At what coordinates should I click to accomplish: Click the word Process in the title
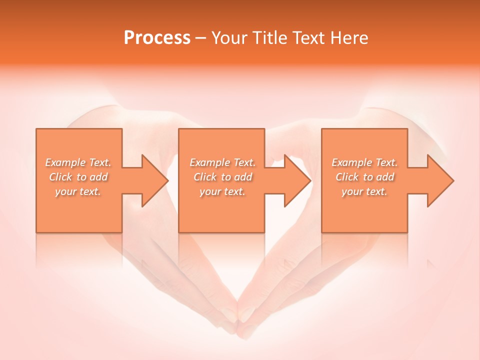(x=157, y=37)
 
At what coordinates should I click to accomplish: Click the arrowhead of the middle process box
(x=297, y=180)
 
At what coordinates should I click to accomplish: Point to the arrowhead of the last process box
(x=440, y=180)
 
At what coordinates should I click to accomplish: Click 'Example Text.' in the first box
(x=78, y=162)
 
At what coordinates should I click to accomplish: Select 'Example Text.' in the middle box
(x=222, y=162)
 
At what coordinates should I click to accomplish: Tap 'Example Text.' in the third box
(x=364, y=162)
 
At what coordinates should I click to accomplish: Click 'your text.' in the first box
(x=78, y=191)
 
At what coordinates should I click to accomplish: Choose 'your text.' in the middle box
(x=222, y=191)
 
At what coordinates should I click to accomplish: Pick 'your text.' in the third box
(x=364, y=191)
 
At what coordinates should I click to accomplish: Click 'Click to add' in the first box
(x=78, y=177)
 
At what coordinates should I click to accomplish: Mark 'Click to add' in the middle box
(x=222, y=177)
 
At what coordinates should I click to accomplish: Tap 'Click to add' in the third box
(x=364, y=177)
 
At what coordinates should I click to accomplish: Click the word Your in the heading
(x=228, y=37)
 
